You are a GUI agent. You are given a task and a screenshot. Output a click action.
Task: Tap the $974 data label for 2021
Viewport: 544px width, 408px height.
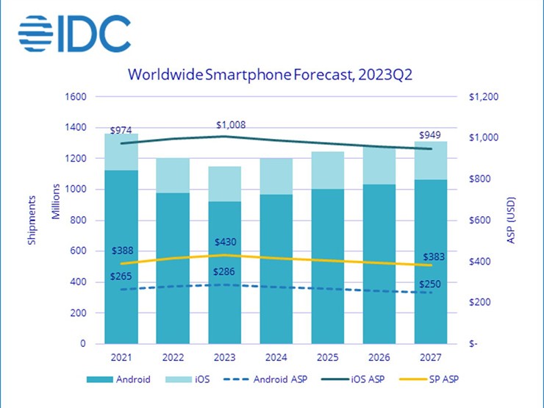(121, 130)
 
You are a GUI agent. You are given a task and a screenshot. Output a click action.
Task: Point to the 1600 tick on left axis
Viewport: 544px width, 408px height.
(77, 96)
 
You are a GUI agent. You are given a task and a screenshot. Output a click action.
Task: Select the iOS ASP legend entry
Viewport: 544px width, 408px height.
(370, 380)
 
